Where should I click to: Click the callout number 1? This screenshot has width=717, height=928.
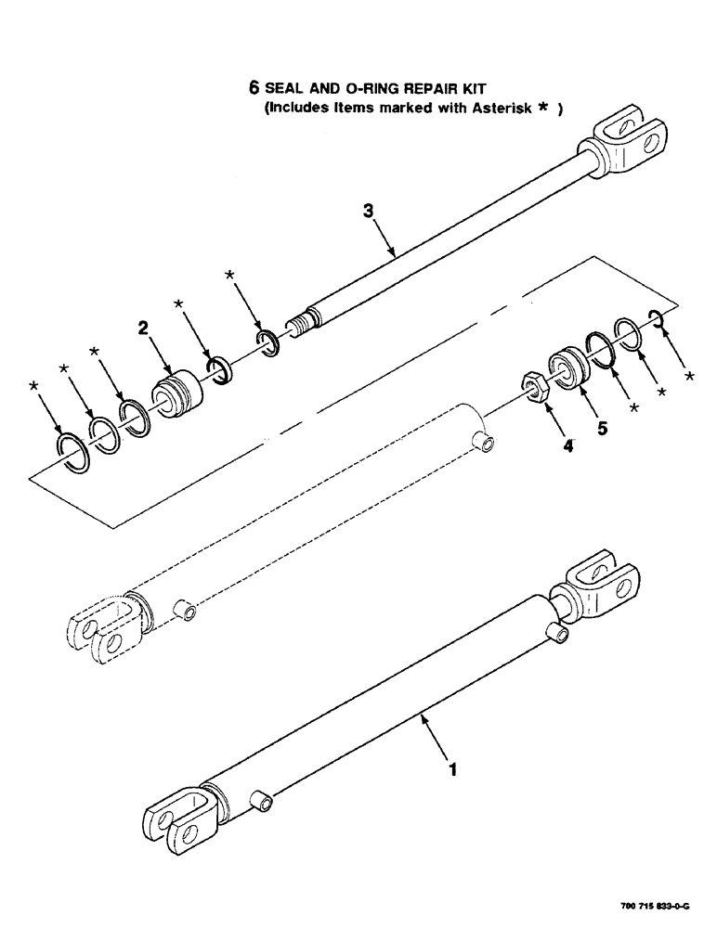coord(452,769)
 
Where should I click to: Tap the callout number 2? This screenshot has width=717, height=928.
coord(145,327)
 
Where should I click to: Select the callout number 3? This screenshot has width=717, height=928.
coord(369,213)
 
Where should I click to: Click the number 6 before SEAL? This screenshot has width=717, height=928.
coord(253,89)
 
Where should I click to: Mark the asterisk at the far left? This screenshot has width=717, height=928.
coord(35,385)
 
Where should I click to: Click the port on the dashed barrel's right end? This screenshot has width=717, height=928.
coord(484,440)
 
